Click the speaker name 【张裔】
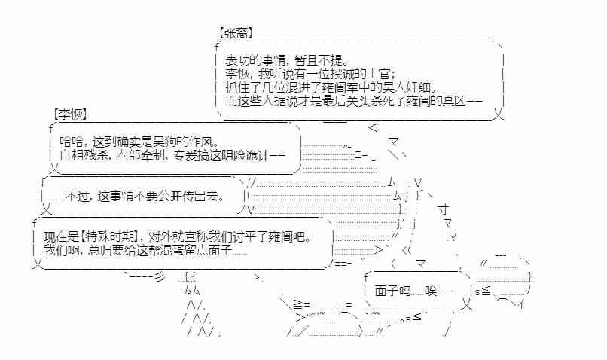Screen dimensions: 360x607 point(234,34)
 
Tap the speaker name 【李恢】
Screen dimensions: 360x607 point(71,114)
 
